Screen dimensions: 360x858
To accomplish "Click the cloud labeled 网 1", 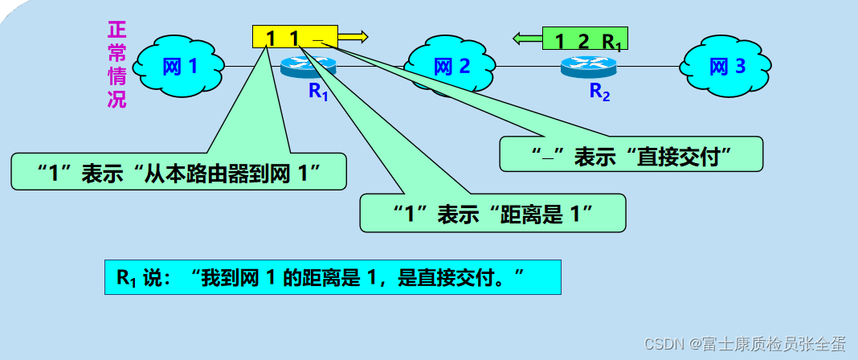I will click(179, 67).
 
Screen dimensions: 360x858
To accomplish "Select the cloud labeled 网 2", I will click(450, 67).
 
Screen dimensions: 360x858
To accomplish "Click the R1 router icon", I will click(308, 67).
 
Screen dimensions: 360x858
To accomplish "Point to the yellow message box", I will click(294, 36).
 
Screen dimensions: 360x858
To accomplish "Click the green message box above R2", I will click(585, 39).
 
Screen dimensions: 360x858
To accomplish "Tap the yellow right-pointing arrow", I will click(353, 36).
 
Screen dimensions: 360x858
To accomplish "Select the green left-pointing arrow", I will click(528, 37).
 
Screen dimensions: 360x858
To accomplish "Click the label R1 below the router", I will click(319, 91).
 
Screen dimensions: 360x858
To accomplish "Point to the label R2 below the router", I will click(599, 92).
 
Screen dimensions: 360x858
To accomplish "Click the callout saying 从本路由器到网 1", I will click(179, 171).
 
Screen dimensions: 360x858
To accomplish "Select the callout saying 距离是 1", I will click(492, 214).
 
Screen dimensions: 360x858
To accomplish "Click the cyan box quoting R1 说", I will click(332, 277).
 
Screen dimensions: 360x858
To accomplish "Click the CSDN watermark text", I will click(746, 342).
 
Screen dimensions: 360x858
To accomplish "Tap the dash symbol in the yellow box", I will click(318, 39).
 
